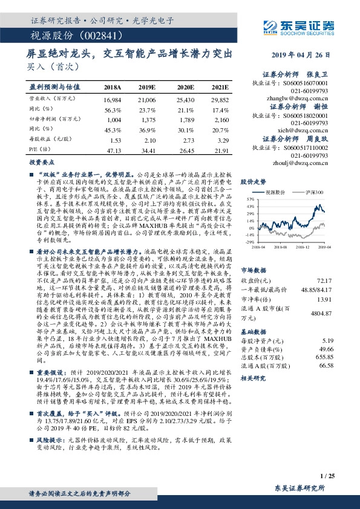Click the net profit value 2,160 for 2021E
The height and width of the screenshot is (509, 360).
[220, 121]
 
